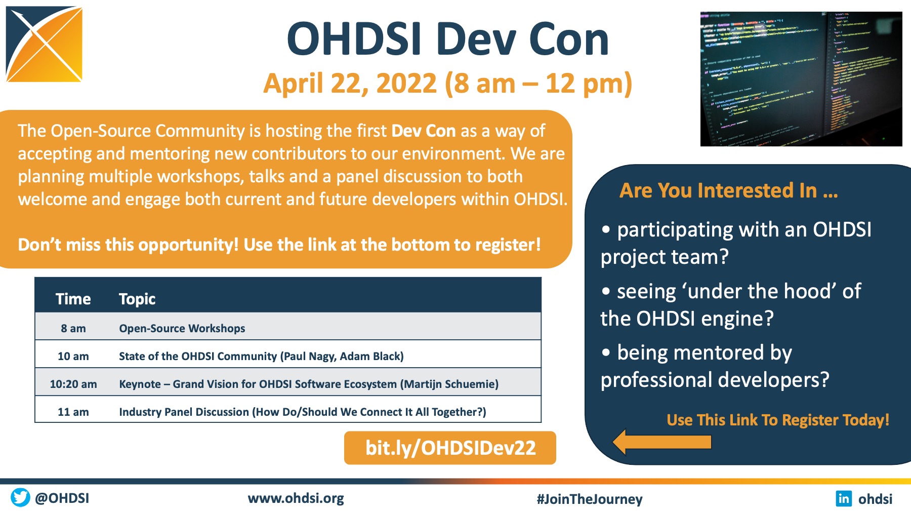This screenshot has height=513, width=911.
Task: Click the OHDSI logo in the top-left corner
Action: pyautogui.click(x=44, y=44)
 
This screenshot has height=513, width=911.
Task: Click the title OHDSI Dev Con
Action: pyautogui.click(x=448, y=40)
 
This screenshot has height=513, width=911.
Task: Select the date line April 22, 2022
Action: pyautogui.click(x=448, y=84)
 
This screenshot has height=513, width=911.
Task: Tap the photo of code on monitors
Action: pyautogui.click(x=801, y=79)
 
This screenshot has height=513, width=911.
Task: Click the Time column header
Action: pyautogui.click(x=73, y=299)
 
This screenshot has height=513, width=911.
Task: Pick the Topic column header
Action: pyautogui.click(x=137, y=299)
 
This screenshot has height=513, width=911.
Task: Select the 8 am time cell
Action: pyautogui.click(x=73, y=328)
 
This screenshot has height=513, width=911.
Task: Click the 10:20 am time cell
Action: pyautogui.click(x=73, y=384)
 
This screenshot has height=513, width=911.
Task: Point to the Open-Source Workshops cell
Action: pyautogui.click(x=182, y=328)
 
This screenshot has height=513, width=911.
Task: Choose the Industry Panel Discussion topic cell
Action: pyautogui.click(x=303, y=412)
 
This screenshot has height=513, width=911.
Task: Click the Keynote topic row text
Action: pyautogui.click(x=309, y=384)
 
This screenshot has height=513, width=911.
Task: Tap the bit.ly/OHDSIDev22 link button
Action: pyautogui.click(x=450, y=448)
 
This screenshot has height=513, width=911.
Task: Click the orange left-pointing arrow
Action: pyautogui.click(x=662, y=442)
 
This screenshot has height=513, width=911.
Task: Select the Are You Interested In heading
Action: pyautogui.click(x=729, y=190)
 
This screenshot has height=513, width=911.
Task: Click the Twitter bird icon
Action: pyautogui.click(x=20, y=497)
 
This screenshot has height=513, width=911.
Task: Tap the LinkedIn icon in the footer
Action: pyautogui.click(x=844, y=498)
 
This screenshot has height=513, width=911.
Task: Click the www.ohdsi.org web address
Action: pyautogui.click(x=296, y=498)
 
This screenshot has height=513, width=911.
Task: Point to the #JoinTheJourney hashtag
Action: pyautogui.click(x=590, y=499)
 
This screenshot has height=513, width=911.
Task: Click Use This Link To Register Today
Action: pyautogui.click(x=778, y=420)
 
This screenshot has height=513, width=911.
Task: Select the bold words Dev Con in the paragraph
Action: pyautogui.click(x=424, y=131)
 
